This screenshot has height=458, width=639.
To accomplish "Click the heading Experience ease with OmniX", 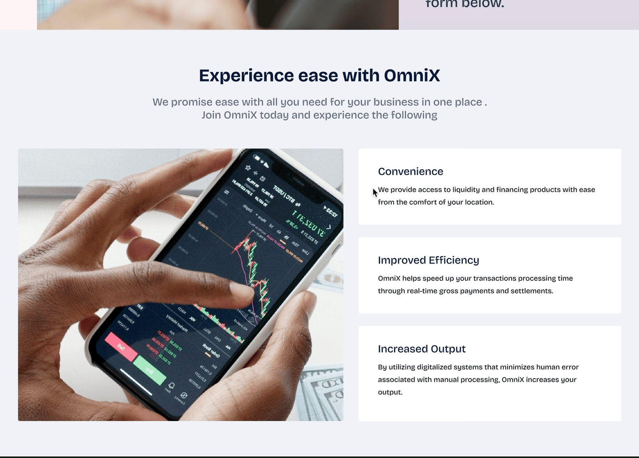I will (319, 75).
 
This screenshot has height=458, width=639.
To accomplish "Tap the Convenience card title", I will (411, 171).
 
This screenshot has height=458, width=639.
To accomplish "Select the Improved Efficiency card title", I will (428, 260).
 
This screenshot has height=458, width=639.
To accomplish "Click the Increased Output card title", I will (421, 349).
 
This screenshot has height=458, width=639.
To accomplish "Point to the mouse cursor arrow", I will (375, 192).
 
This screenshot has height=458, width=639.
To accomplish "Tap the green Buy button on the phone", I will (149, 371).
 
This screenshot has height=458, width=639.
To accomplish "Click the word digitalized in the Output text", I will (434, 367).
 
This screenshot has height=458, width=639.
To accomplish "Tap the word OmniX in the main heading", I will (412, 75).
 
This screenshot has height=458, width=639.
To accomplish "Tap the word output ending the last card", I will (390, 392).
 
